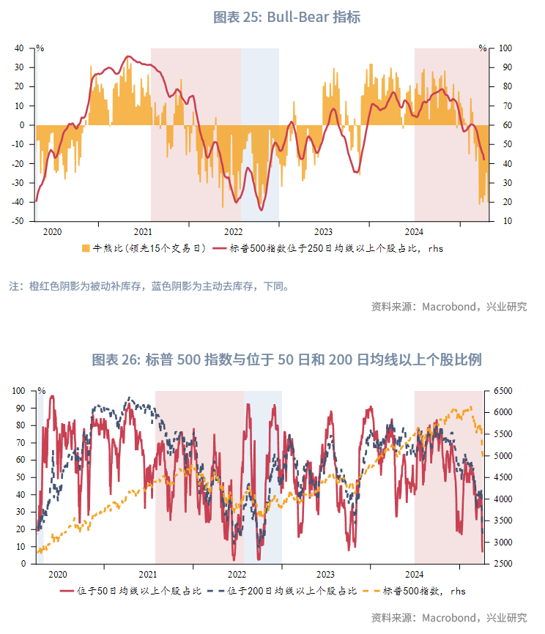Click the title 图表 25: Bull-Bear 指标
coord(286,17)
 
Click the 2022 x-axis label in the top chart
coord(232,231)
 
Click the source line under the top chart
coord(449,307)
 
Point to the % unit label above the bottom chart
coord(42,390)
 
